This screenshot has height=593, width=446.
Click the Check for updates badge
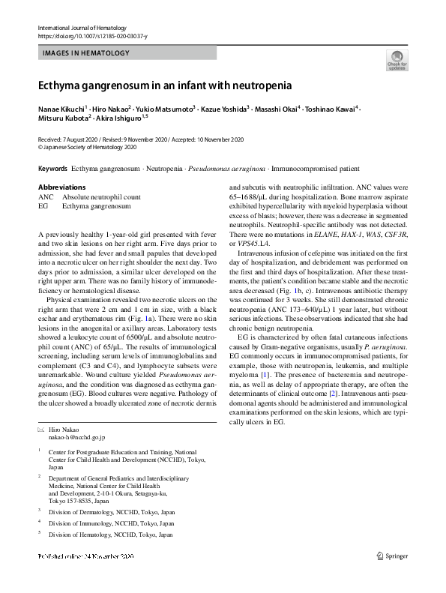(397, 59)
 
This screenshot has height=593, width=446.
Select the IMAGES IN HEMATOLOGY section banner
(86, 53)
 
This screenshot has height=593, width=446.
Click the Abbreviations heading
(61, 187)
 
